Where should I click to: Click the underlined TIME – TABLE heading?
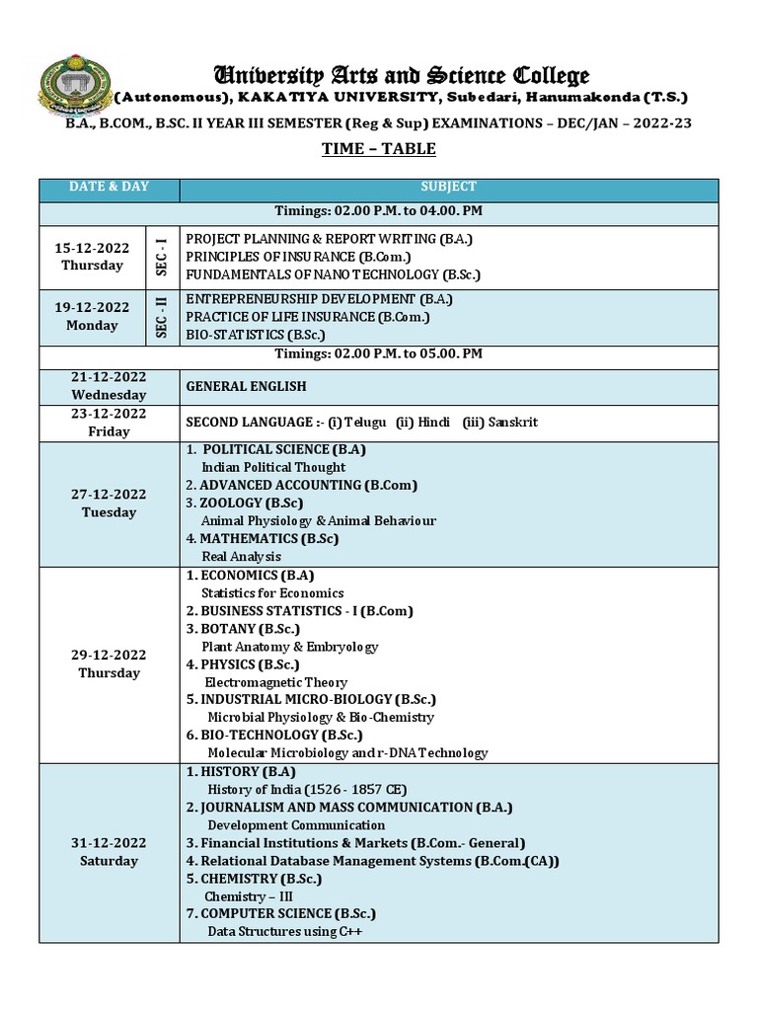pyautogui.click(x=379, y=149)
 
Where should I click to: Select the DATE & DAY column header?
pyautogui.click(x=109, y=187)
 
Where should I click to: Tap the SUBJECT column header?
pyautogui.click(x=448, y=187)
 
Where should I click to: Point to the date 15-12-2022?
pyautogui.click(x=92, y=249)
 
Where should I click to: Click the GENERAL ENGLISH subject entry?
pyautogui.click(x=246, y=386)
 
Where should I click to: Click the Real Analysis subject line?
pyautogui.click(x=241, y=557)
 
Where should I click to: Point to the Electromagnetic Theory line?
pyautogui.click(x=275, y=682)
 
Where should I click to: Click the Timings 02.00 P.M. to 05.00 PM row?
pyautogui.click(x=379, y=353)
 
